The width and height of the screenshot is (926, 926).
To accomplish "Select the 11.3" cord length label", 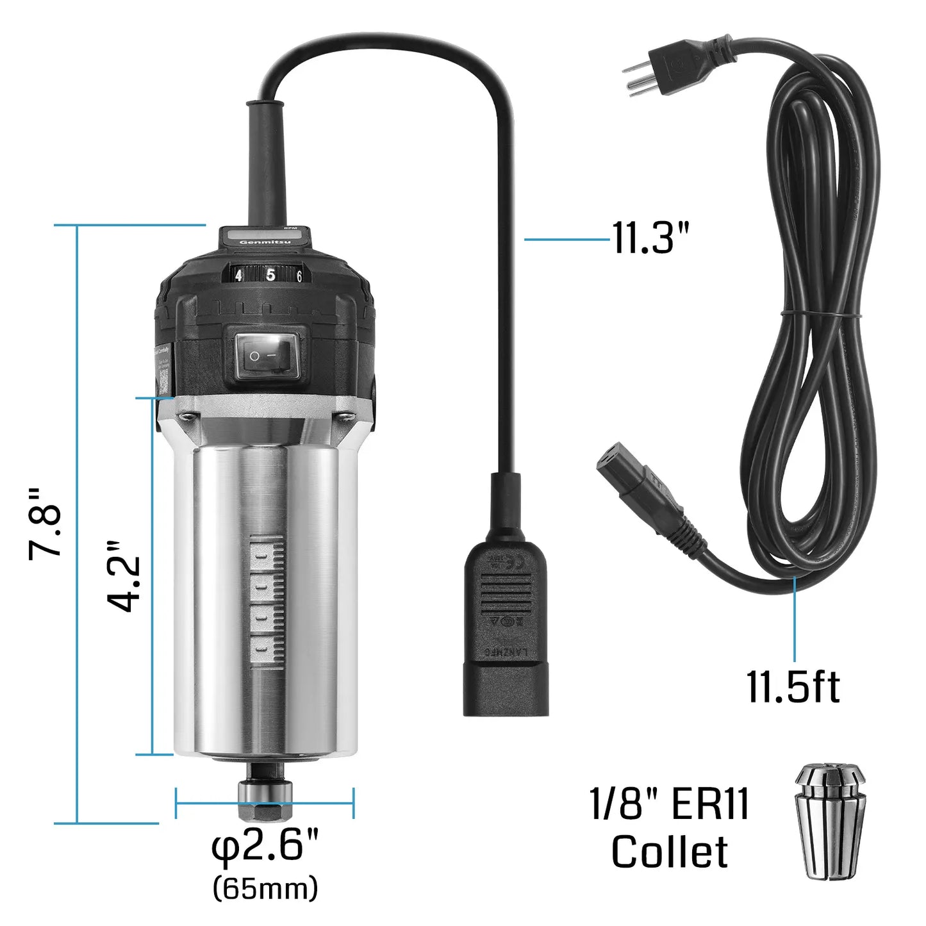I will click(650, 238).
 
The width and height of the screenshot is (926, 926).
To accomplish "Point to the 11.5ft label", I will click(793, 687).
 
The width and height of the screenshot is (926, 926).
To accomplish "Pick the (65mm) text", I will click(265, 888).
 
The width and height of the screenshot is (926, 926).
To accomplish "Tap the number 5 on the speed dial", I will click(270, 275).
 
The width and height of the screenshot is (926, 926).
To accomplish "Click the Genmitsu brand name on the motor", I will click(265, 242).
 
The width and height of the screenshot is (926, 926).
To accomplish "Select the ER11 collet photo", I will click(831, 820).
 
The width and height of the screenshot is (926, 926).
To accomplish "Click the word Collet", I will click(669, 852).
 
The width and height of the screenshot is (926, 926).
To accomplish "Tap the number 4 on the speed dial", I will click(238, 276).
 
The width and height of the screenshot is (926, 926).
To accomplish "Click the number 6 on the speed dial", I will click(299, 277).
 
